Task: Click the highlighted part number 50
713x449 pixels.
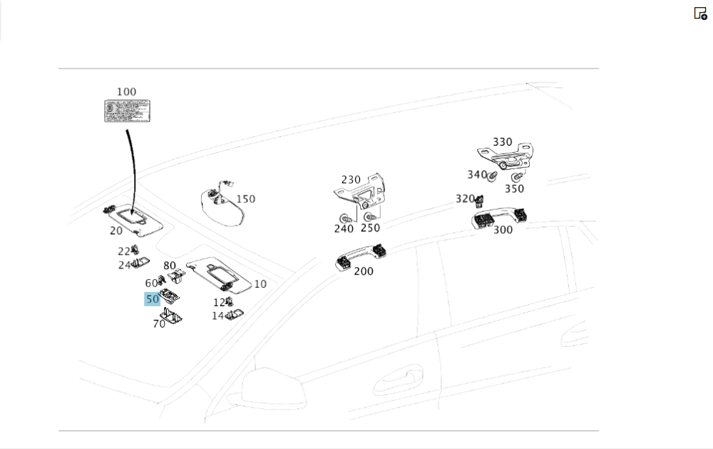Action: coord(152,300)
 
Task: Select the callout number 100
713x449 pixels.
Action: coord(126,92)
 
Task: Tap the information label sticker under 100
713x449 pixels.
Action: coord(126,111)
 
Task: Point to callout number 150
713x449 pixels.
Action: coord(245,199)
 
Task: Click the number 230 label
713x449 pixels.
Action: coord(351,180)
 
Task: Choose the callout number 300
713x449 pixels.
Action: coord(503,230)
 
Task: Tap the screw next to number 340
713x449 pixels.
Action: coord(492,174)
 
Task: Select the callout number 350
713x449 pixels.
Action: coord(514,189)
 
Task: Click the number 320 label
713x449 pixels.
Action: coord(465,199)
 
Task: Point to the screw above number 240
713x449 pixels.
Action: coord(345,217)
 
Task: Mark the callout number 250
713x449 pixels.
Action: coord(370,228)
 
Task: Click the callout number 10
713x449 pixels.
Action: coord(260,284)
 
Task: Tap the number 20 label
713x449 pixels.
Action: coord(116,231)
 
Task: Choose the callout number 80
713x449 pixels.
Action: coord(170,266)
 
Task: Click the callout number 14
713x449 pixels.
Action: coord(217,316)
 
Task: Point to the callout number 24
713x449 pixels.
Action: coord(125,266)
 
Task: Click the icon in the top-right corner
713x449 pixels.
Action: coord(700,14)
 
